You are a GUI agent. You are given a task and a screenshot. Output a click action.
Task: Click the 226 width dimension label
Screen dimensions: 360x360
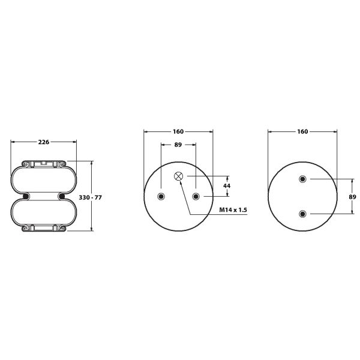click(x=43, y=142)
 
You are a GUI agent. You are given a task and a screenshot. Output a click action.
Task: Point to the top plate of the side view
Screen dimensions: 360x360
click(x=43, y=163)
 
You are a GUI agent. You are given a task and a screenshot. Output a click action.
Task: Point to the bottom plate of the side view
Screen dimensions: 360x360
click(x=43, y=229)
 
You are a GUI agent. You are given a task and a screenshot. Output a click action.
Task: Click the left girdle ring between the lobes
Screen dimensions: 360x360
click(x=26, y=196)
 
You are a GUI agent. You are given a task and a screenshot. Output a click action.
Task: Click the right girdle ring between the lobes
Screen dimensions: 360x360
click(x=61, y=196)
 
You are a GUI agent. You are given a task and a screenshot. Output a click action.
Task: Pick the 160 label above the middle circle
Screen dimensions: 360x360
click(x=178, y=131)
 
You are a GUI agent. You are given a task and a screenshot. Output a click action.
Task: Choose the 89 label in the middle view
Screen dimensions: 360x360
click(x=178, y=144)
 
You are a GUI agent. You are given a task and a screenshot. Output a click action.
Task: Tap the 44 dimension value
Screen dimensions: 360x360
click(x=227, y=187)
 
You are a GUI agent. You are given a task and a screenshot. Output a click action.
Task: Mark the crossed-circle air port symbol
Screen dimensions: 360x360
click(x=179, y=176)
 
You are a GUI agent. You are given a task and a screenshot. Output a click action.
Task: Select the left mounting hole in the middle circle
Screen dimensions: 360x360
click(x=161, y=197)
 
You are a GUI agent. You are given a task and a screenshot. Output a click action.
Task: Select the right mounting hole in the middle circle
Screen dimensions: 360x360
click(x=196, y=197)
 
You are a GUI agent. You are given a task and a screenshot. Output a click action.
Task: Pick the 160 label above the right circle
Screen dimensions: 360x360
click(x=302, y=131)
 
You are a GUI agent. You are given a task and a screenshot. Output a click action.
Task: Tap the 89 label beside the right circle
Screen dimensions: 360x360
click(x=353, y=196)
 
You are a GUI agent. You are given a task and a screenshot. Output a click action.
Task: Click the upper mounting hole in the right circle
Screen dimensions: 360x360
click(x=302, y=179)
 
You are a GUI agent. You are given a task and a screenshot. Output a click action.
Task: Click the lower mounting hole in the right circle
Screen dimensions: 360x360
click(x=302, y=214)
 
